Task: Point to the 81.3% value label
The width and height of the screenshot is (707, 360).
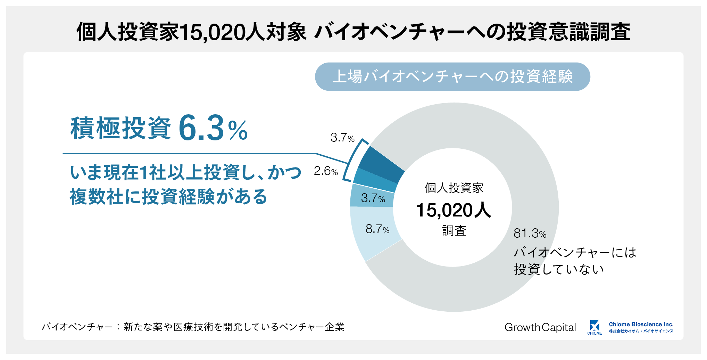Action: (530, 233)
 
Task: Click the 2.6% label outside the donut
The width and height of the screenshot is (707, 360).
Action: (325, 171)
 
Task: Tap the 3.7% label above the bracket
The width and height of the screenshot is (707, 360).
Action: (342, 138)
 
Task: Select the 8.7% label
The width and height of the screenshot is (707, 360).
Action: (377, 229)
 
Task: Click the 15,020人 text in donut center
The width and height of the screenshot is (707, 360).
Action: (454, 210)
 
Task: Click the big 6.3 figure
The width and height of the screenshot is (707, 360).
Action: (201, 129)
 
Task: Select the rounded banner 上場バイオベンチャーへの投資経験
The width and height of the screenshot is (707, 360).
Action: (452, 77)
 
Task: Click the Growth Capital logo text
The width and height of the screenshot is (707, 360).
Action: (540, 327)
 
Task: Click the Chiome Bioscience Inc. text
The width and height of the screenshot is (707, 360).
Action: (641, 324)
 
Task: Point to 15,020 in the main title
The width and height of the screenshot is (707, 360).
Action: (212, 32)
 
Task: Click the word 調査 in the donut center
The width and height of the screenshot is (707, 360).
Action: (454, 231)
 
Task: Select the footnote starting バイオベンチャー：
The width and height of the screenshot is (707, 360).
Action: (193, 327)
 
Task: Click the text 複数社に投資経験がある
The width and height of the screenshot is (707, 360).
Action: (168, 197)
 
